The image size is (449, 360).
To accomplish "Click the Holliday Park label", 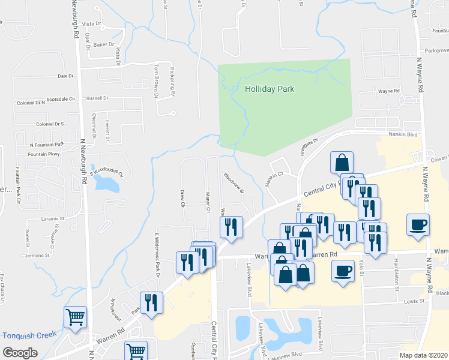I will [270, 89].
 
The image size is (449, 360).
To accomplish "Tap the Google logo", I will [19, 352].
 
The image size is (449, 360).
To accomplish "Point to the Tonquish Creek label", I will [29, 335].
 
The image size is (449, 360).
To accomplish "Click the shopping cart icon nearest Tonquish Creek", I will [75, 317].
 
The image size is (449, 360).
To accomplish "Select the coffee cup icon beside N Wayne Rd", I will [418, 224].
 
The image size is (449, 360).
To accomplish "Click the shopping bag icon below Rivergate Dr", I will [342, 162].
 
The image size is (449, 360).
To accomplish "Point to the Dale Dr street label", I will [65, 76].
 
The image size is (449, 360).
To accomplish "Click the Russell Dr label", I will [97, 98].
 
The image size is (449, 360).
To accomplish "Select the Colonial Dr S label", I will [50, 124].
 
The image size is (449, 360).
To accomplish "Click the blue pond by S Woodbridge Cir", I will [110, 184].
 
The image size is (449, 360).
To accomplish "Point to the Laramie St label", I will [52, 220].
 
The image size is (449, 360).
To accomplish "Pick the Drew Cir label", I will [182, 198].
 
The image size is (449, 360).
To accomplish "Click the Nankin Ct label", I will [274, 179].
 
